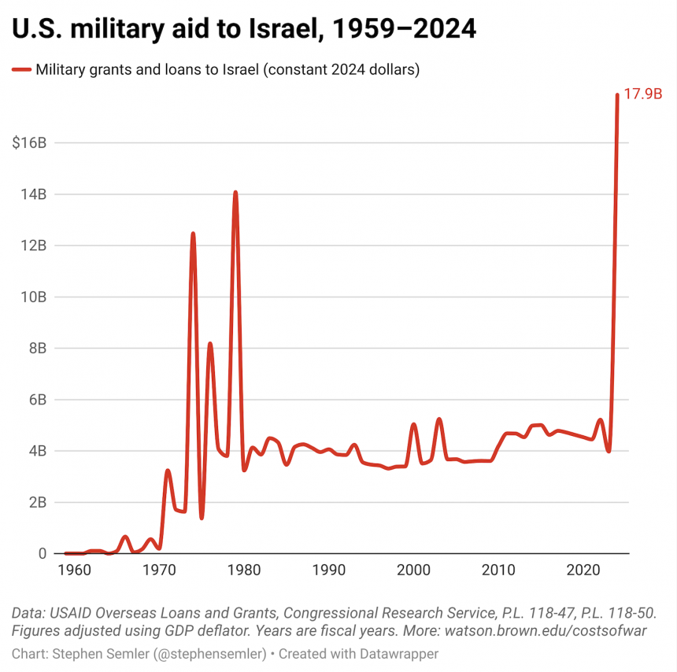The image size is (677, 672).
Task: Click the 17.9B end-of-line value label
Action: click(642, 94)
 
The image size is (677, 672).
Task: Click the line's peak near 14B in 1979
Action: click(235, 192)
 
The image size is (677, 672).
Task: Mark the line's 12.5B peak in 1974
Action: click(193, 234)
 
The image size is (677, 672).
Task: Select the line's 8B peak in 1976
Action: click(210, 344)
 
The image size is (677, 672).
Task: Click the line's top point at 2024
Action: click(617, 95)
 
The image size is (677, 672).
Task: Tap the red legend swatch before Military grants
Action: click(21, 69)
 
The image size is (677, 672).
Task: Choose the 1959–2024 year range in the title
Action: click(400, 30)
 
